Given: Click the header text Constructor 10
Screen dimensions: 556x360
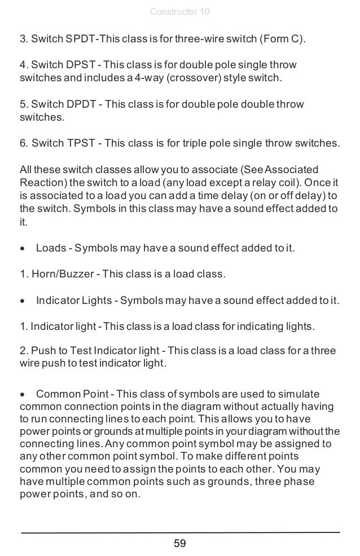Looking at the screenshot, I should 180,12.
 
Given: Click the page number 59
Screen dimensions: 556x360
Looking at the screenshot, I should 180,544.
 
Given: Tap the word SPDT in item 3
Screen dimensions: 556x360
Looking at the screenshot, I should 82,39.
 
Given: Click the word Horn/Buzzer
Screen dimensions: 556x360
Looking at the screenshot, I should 60,275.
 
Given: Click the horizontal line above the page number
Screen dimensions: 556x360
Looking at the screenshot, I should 180,532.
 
